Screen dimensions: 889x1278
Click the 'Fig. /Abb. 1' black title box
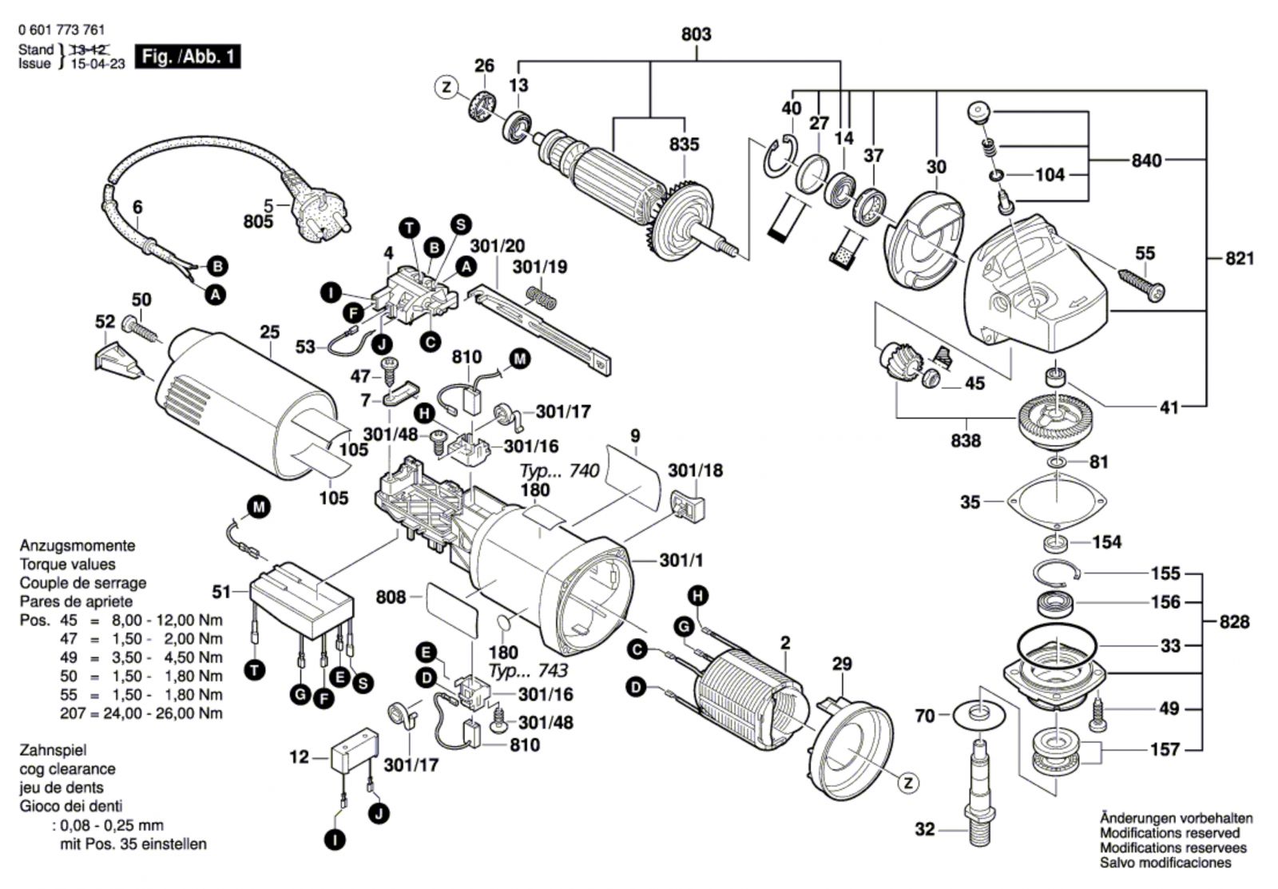(188, 57)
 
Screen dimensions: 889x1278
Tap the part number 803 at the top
(696, 34)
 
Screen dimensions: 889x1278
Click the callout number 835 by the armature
(684, 145)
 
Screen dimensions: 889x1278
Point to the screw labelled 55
(1141, 280)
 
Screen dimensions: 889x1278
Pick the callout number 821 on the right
(1239, 258)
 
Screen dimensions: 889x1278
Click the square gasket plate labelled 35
(1057, 502)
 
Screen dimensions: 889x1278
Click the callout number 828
(1233, 621)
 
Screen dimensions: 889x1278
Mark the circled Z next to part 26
(447, 86)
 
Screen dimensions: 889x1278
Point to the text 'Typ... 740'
(559, 471)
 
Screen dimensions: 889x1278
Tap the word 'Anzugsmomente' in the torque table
(77, 546)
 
